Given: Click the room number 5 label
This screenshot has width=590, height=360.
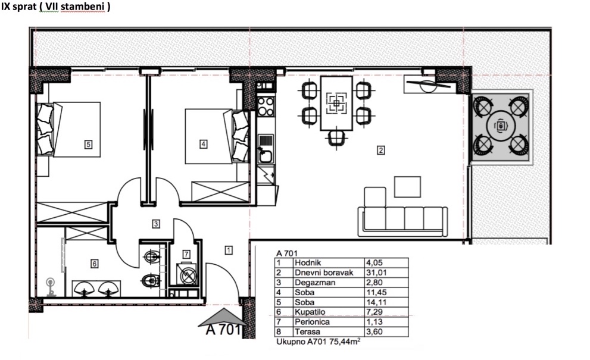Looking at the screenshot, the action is (89, 145).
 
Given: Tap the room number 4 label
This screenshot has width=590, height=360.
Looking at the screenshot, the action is (203, 143).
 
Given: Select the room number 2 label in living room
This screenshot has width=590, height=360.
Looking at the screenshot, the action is (381, 151).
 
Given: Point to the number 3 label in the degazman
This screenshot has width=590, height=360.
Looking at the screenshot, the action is (156, 224).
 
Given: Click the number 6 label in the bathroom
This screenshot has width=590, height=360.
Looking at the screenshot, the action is (95, 264).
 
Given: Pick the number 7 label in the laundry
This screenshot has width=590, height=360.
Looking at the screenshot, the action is (186, 254).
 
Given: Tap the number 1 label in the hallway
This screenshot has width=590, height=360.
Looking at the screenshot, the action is (229, 250).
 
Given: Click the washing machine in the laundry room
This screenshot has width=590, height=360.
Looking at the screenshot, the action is (186, 274).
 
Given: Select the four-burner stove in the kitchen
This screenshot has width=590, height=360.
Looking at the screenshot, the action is (266, 107).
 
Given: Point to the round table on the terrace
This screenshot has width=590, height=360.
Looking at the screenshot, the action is (501, 126).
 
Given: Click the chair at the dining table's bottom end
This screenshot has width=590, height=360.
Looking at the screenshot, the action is (336, 137).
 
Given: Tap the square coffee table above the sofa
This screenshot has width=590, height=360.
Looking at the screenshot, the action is (407, 187).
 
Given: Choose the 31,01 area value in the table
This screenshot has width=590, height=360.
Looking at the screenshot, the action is (376, 273).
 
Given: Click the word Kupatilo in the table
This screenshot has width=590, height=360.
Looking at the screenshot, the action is (310, 312).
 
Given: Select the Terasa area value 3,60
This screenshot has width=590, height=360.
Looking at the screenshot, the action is (374, 332).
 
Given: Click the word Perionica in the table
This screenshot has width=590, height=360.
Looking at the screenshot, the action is (312, 322).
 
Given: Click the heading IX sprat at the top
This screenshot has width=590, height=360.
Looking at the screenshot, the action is (19, 7).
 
